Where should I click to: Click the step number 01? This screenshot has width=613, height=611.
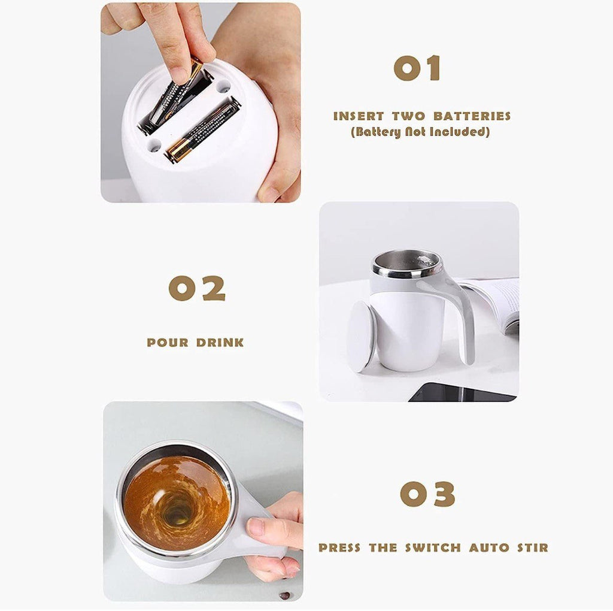417,68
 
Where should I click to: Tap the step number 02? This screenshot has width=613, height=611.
197,289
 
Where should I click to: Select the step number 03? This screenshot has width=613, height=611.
427,494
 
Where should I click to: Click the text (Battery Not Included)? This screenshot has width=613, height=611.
420,132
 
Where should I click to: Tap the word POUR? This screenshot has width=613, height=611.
167,343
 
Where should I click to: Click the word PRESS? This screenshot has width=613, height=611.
340,548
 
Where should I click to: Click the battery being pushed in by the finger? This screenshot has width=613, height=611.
172,99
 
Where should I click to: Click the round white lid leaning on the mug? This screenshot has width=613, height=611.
361,335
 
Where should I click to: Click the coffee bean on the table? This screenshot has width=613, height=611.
284,595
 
